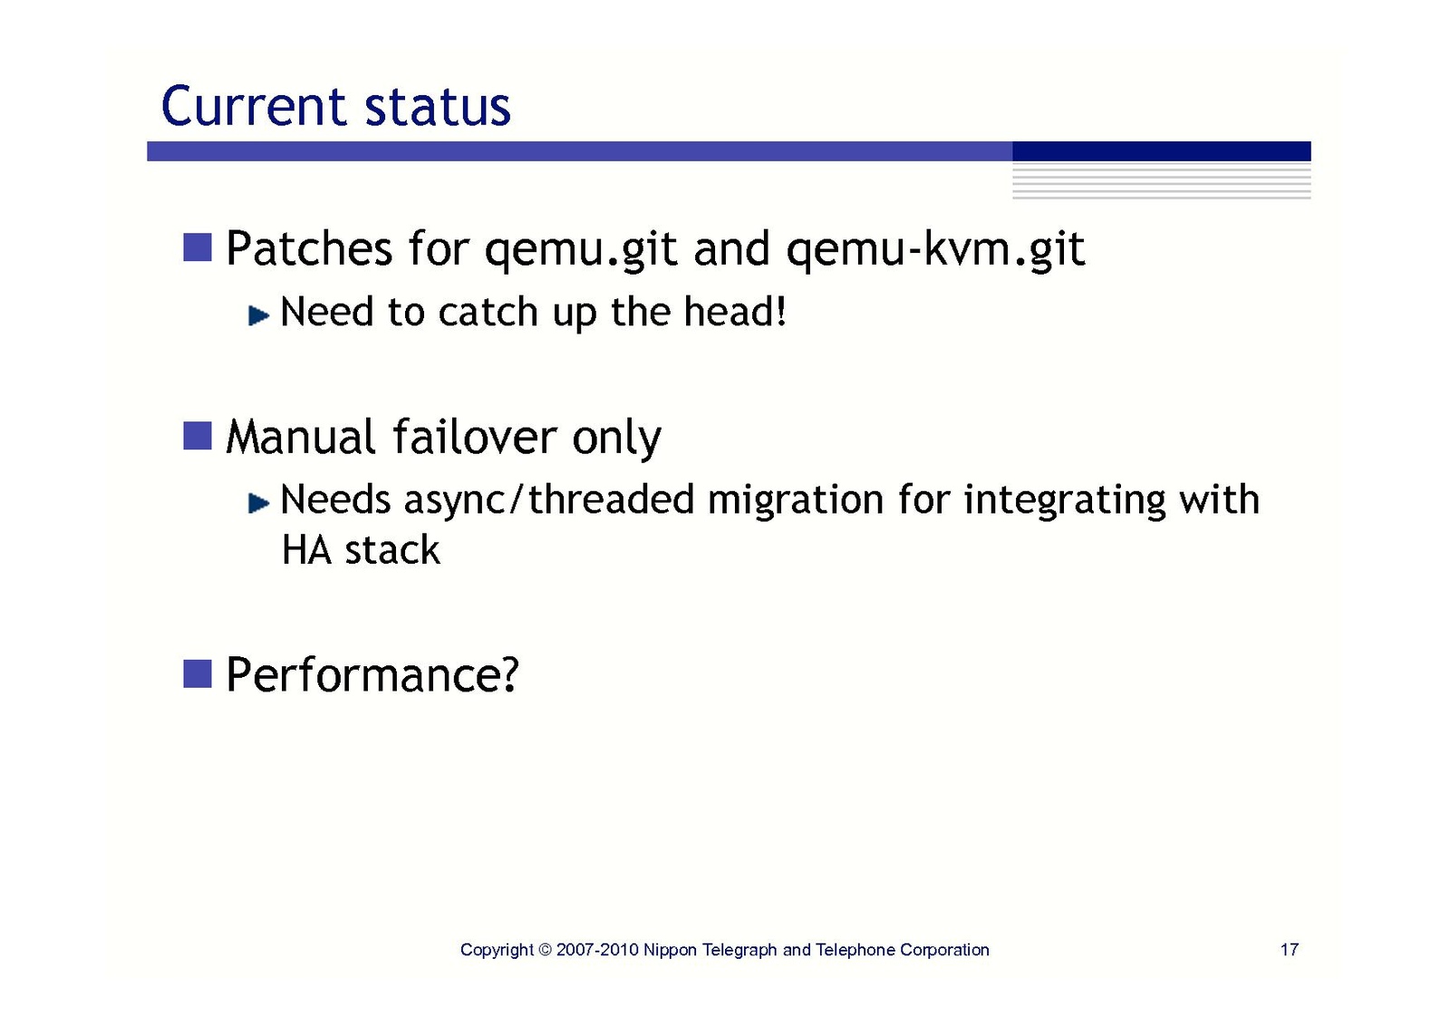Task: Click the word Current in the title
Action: pyautogui.click(x=253, y=106)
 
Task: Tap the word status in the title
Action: pyautogui.click(x=439, y=106)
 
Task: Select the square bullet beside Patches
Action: pyautogui.click(x=198, y=247)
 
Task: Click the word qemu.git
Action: pyautogui.click(x=581, y=250)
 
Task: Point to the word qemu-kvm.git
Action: pyautogui.click(x=935, y=250)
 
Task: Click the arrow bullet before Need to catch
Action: pyautogui.click(x=259, y=315)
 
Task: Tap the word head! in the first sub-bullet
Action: pyautogui.click(x=735, y=311)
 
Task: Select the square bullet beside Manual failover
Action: pyautogui.click(x=198, y=435)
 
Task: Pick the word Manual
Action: pyautogui.click(x=301, y=437)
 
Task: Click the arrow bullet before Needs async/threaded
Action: pyautogui.click(x=259, y=502)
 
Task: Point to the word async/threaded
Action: pyautogui.click(x=549, y=500)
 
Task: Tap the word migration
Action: pyautogui.click(x=796, y=500)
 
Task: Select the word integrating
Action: pyautogui.click(x=1064, y=500)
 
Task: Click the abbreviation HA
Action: pyautogui.click(x=306, y=550)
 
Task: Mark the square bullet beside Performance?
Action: pyautogui.click(x=198, y=673)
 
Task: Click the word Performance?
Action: pyautogui.click(x=372, y=674)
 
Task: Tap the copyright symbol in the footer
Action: pyautogui.click(x=546, y=950)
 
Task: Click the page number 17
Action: pyautogui.click(x=1289, y=950)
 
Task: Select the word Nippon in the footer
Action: pyautogui.click(x=670, y=951)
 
